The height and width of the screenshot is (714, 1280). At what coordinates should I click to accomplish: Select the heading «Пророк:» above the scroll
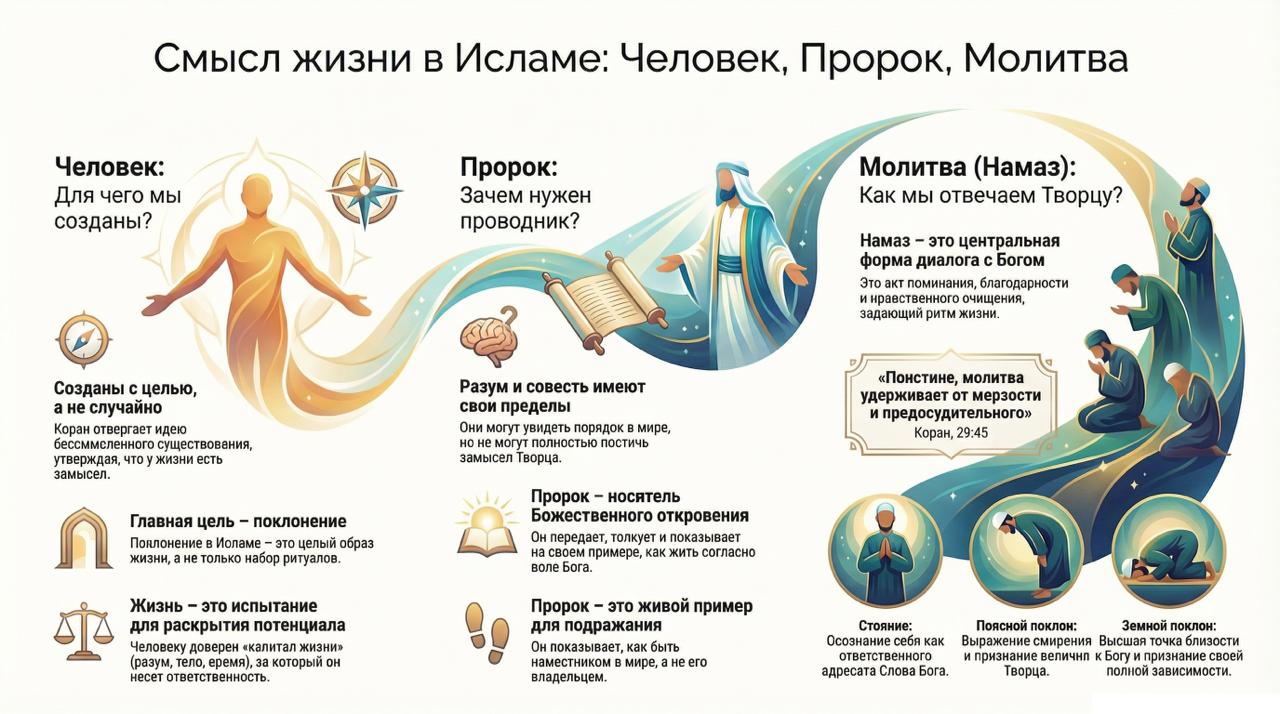508,166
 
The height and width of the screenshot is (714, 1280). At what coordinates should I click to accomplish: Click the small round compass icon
84,340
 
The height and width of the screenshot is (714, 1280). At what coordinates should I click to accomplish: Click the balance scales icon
84,630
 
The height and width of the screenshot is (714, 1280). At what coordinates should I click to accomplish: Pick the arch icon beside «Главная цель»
84,538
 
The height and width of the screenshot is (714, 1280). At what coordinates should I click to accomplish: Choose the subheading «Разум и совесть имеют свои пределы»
552,396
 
